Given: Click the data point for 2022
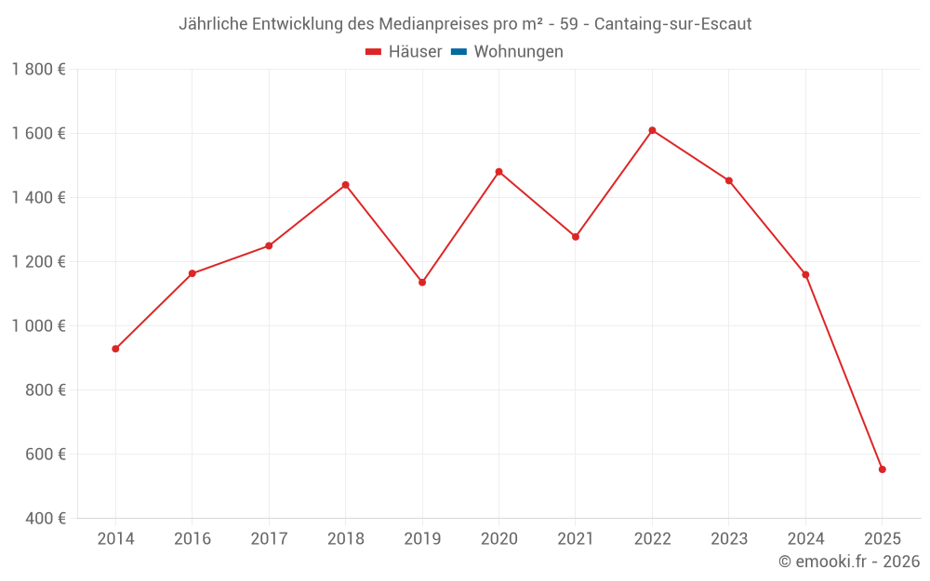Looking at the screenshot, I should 652,130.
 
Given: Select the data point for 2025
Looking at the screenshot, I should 882,469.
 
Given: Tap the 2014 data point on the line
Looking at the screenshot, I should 115,349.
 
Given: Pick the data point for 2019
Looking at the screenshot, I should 422,282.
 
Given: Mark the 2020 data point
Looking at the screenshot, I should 498,172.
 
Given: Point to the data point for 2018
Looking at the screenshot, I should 345,185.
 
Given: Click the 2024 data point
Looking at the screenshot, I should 805,274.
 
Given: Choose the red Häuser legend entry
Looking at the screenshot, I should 404,52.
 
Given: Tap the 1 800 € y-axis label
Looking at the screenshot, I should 38,70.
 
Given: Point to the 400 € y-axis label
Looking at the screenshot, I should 45,519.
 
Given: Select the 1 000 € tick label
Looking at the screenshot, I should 38,326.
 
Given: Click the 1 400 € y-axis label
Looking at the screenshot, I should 38,198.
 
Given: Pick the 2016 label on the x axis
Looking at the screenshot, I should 193,539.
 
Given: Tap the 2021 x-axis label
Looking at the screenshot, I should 576,539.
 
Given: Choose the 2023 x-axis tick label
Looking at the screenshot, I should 729,539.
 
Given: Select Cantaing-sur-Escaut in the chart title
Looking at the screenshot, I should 672,24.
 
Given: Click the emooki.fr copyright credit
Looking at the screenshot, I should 849,561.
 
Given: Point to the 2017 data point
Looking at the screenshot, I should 269,245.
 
